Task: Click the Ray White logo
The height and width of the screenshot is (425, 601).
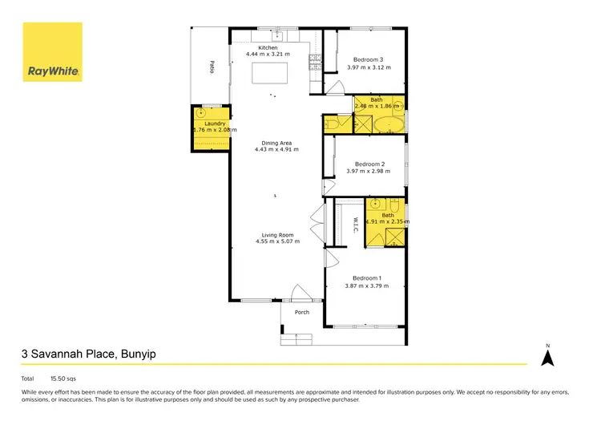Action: (52, 52)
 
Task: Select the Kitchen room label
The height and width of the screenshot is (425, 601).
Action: (268, 48)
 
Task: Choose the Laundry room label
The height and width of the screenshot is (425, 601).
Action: (214, 123)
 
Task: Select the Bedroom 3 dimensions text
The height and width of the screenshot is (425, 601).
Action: (372, 67)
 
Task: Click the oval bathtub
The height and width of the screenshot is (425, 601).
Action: (390, 125)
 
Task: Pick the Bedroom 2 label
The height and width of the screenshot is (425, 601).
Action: (371, 163)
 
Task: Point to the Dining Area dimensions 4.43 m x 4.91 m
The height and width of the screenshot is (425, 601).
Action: (276, 149)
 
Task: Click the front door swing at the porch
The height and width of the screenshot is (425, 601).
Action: (300, 293)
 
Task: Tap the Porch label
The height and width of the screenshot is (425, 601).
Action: (302, 313)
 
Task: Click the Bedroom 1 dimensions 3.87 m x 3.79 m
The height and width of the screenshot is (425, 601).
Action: (367, 285)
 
